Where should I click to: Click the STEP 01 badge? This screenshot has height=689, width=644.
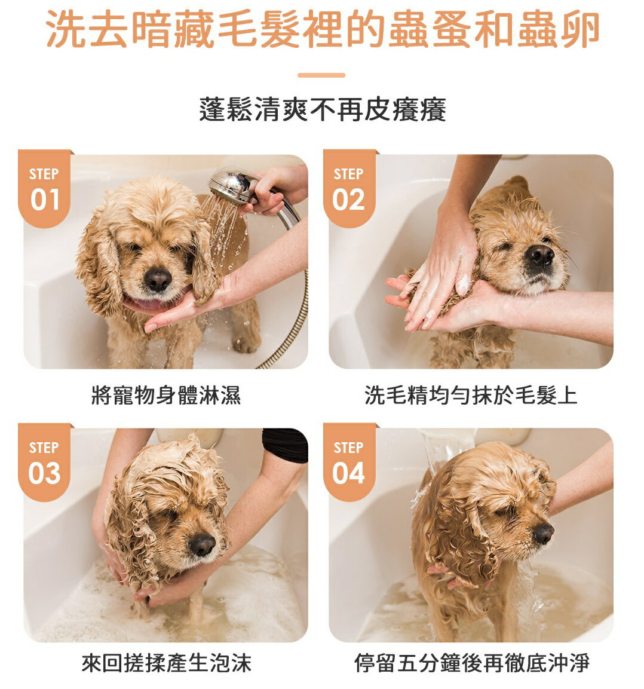coord(44,188)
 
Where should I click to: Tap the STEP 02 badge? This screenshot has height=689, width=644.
coord(349,188)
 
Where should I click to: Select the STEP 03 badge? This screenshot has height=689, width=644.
coord(44,462)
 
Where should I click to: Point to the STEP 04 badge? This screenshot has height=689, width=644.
coord(349,462)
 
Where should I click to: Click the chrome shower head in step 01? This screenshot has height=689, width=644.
coord(232,185)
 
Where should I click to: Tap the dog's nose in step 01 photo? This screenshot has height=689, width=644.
coord(158,280)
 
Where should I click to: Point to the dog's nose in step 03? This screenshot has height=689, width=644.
coord(202,544)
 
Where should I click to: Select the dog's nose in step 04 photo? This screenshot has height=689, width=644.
coord(544,534)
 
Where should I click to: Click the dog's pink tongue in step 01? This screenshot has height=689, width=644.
coord(145,303)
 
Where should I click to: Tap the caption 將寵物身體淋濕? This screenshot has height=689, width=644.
coord(166,394)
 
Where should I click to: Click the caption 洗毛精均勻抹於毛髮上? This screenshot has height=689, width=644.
coord(471,394)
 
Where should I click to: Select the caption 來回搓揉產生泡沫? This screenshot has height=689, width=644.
coord(166,663)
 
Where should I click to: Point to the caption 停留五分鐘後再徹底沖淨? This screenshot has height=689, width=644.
coord(471,663)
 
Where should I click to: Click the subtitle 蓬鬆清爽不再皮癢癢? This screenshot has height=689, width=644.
coord(323,109)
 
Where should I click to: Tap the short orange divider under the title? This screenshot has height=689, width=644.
coord(321,75)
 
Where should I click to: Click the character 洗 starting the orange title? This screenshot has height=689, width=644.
coord(66,29)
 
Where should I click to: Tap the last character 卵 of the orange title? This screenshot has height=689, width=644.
coord(579,29)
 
